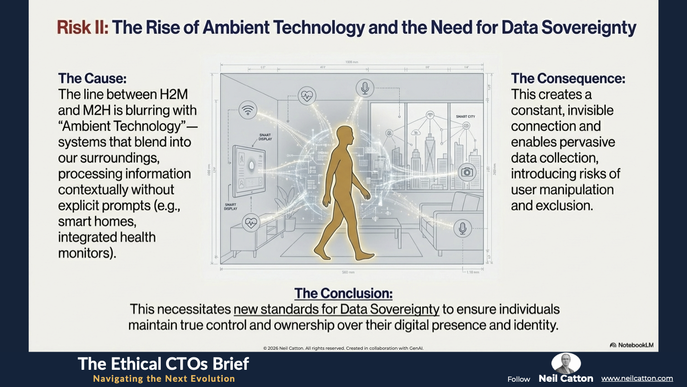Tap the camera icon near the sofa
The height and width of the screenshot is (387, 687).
pyautogui.click(x=467, y=172)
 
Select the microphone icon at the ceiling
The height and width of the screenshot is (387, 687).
pyautogui.click(x=365, y=88)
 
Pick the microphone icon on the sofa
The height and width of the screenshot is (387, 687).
pyautogui.click(x=462, y=228)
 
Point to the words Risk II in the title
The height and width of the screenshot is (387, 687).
pyautogui.click(x=83, y=28)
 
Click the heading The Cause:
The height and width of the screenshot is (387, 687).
pyautogui.click(x=93, y=78)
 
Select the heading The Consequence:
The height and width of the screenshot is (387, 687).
pyautogui.click(x=568, y=78)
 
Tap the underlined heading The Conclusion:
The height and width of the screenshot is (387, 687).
pyautogui.click(x=343, y=293)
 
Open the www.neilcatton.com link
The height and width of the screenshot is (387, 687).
pyautogui.click(x=637, y=378)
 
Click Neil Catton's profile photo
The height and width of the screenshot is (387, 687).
pyautogui.click(x=566, y=364)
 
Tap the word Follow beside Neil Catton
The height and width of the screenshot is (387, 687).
pyautogui.click(x=519, y=379)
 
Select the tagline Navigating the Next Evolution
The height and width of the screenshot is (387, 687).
pyautogui.click(x=164, y=378)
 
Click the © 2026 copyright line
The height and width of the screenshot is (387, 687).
pyautogui.click(x=343, y=348)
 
